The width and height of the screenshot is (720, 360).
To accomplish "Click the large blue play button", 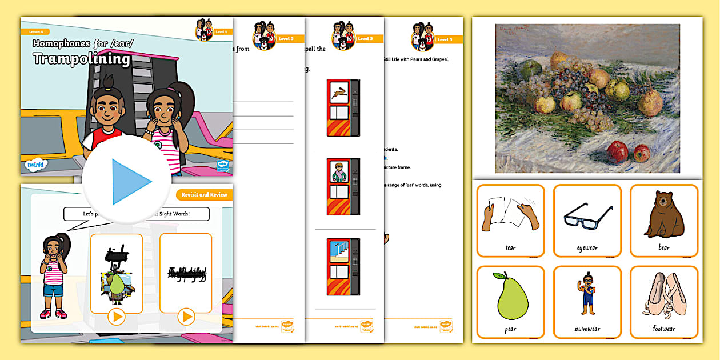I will click(127, 181).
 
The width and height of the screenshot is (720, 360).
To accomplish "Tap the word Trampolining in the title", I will click(82, 58).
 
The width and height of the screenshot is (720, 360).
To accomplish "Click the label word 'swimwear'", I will click(587, 329).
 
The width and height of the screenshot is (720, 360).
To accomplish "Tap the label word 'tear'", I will click(510, 247).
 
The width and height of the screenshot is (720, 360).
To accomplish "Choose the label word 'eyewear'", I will click(587, 247).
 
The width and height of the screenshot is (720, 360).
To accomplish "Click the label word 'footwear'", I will click(664, 329).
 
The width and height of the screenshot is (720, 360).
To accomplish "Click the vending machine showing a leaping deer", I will click(343, 107).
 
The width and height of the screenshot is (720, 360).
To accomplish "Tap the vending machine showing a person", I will click(343, 186).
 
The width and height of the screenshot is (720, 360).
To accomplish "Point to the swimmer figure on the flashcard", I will click(587, 295).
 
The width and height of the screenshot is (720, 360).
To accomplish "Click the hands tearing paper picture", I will click(510, 216).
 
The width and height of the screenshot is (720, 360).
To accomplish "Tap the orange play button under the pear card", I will click(117, 317).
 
